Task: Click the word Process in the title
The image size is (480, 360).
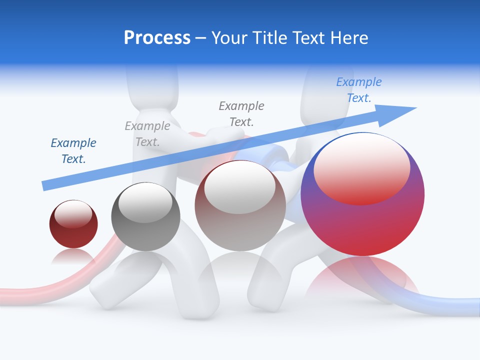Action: tap(157, 37)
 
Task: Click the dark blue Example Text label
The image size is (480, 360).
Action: tap(73, 151)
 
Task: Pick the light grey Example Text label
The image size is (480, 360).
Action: tap(147, 134)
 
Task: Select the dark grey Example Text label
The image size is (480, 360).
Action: tap(241, 113)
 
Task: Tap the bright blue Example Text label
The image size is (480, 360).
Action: tap(359, 89)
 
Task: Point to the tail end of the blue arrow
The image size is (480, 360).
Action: tap(45, 185)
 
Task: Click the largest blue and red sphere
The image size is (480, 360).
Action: tap(362, 225)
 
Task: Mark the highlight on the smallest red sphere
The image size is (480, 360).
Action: tap(73, 214)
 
